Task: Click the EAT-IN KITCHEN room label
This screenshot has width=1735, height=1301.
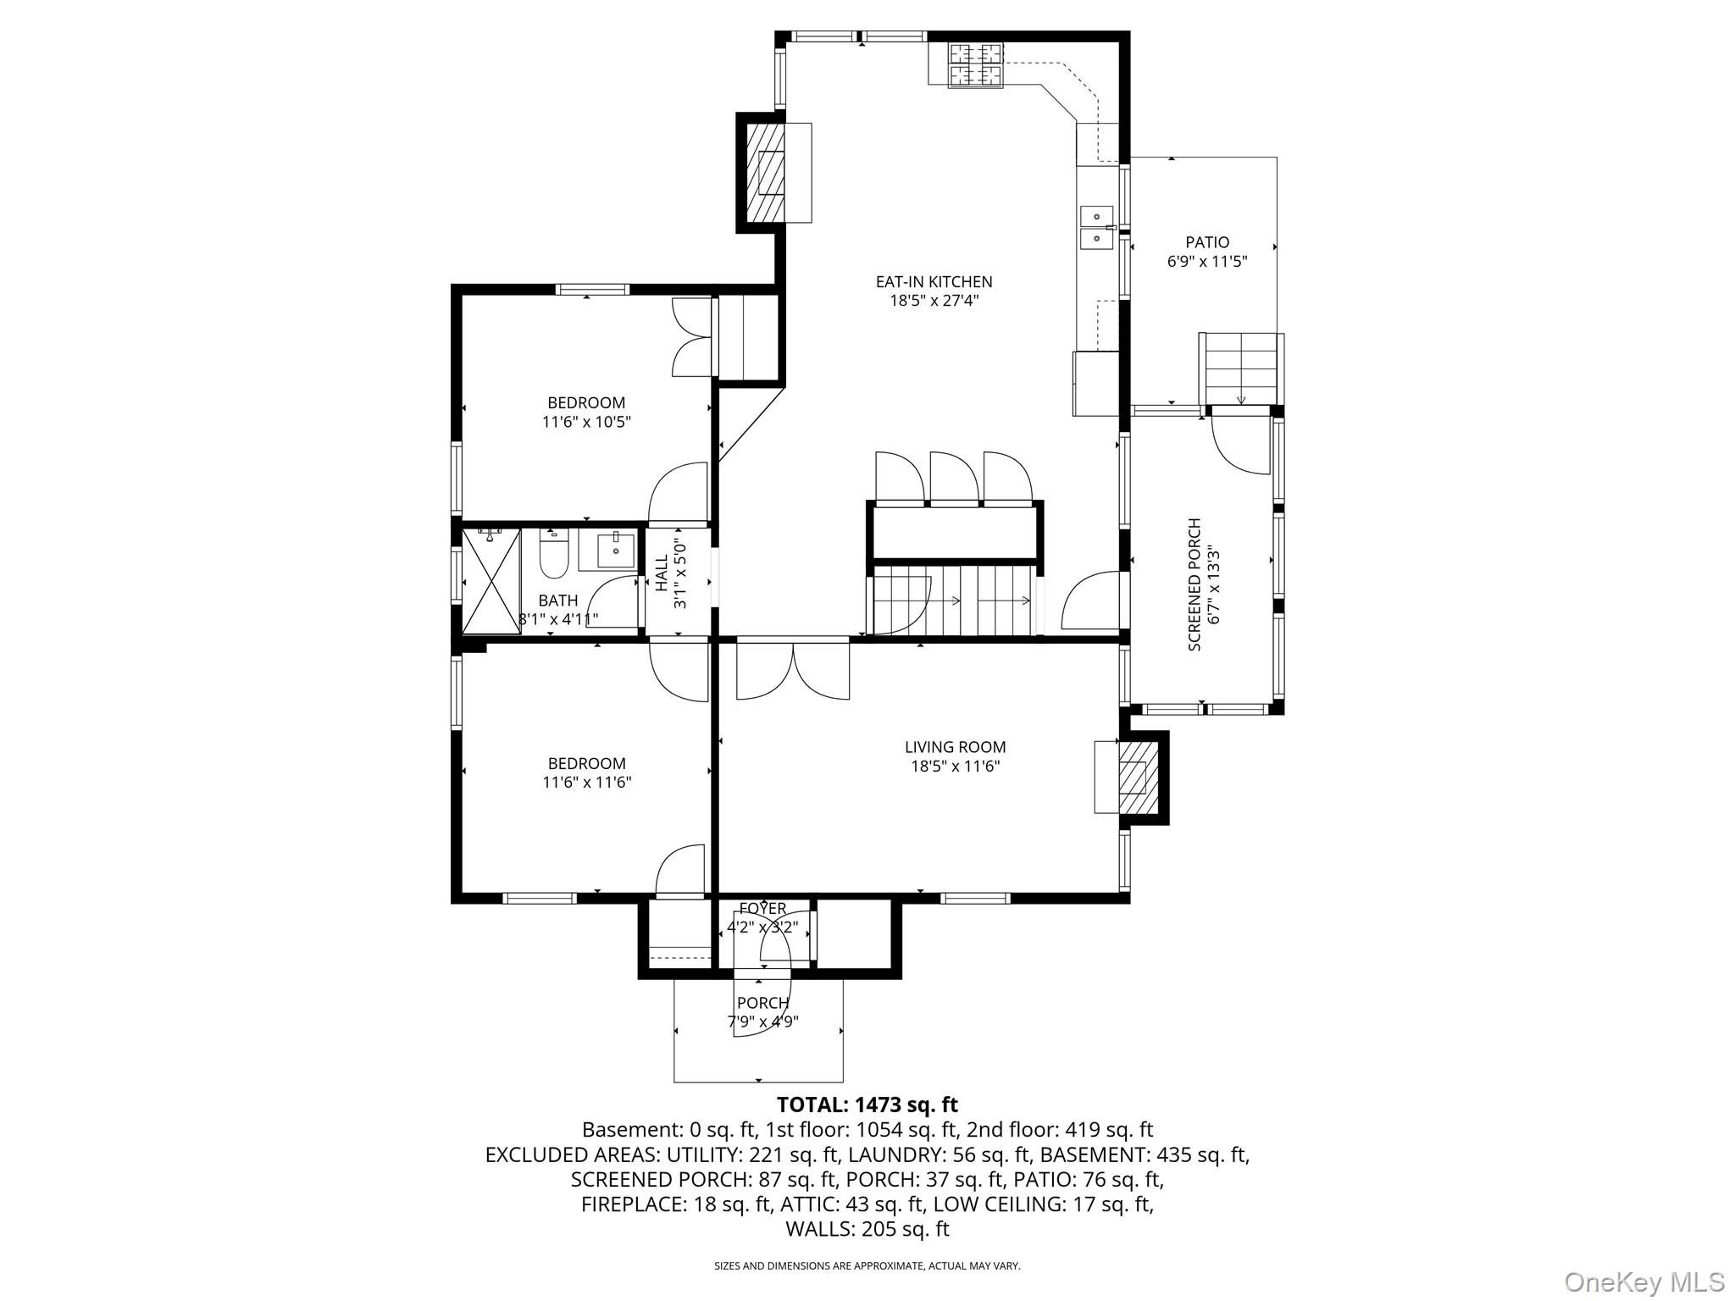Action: [x=934, y=281]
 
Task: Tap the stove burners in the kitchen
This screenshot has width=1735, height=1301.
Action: [x=975, y=65]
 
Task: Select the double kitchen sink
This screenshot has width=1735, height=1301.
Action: [x=1096, y=229]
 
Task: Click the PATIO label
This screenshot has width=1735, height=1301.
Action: [x=1207, y=242]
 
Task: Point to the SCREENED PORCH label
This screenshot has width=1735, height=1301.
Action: [x=1195, y=584]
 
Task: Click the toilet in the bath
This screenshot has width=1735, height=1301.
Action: [x=553, y=554]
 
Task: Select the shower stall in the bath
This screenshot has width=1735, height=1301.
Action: [x=491, y=581]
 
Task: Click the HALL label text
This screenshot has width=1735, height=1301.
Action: [x=661, y=573]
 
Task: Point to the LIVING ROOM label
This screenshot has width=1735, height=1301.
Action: [x=956, y=747]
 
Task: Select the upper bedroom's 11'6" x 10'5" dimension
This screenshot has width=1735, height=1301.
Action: [x=587, y=421]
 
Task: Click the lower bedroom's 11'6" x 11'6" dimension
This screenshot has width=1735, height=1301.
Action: [x=587, y=782]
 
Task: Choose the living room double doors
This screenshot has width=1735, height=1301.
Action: [x=793, y=669]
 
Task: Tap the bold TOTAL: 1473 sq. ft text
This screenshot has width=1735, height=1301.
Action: [x=867, y=1104]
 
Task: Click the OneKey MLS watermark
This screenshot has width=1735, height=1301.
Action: [x=1644, y=1282]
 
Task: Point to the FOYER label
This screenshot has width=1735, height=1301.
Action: [x=762, y=909]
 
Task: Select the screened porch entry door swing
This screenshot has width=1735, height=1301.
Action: [x=1239, y=440]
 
